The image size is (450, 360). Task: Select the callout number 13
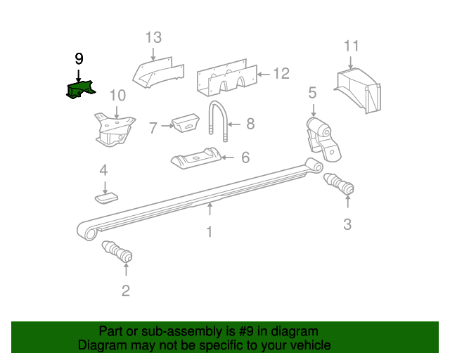154,38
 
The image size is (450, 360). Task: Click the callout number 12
281,72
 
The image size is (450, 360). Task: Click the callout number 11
352,46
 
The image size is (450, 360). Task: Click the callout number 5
312,92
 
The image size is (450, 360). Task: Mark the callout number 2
125,290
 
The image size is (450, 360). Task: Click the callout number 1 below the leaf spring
209,231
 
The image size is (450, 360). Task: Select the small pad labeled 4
106,198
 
